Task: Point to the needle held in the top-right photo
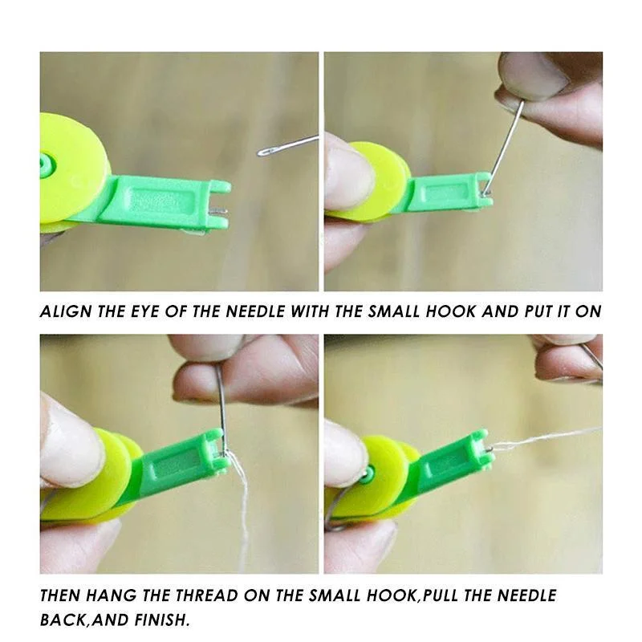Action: (502, 144)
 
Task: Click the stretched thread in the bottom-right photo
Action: (546, 437)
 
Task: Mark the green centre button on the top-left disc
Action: (45, 166)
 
